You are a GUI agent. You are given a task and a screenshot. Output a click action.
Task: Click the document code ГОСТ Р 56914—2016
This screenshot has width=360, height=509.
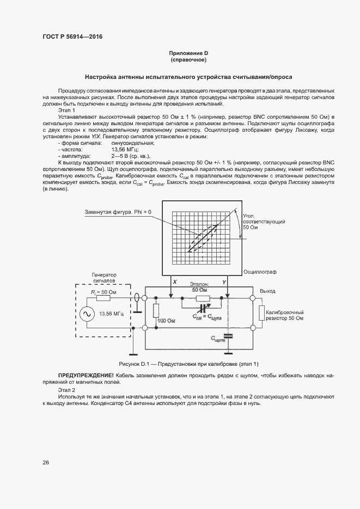[x=72, y=36]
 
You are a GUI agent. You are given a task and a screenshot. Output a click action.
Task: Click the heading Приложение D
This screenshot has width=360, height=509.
[x=188, y=53]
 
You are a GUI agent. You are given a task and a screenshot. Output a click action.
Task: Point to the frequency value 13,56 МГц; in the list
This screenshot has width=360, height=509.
[x=125, y=149]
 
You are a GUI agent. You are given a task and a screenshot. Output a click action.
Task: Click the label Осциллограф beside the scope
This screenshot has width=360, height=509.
[x=260, y=270]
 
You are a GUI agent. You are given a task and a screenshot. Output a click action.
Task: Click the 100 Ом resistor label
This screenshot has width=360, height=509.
[x=166, y=322]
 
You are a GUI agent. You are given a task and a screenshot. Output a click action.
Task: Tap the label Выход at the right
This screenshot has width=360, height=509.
[x=267, y=291]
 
